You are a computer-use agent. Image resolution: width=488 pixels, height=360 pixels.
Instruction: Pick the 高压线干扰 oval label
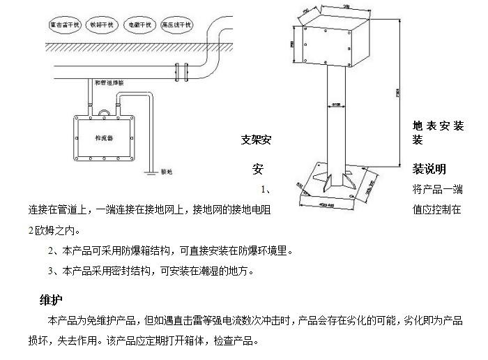(x=176, y=24)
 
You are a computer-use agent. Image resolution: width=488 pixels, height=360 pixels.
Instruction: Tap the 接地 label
(x=166, y=170)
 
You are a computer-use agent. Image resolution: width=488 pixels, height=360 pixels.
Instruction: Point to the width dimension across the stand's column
(x=337, y=105)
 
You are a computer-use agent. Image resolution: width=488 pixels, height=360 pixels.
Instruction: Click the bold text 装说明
(x=429, y=169)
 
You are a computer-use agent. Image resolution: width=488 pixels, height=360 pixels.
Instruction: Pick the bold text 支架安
(x=255, y=140)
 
